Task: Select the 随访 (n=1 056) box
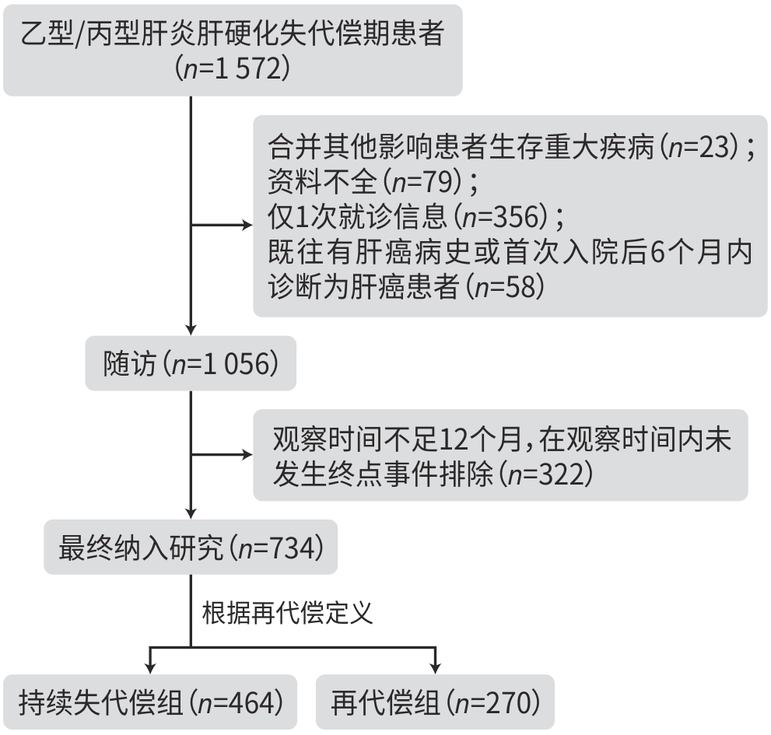coord(190,363)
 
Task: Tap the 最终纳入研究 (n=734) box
coord(190,547)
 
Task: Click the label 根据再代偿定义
coord(288,613)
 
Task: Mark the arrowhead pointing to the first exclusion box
coord(247,226)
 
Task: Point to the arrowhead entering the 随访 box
coord(191,330)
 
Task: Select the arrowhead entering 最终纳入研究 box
coord(191,513)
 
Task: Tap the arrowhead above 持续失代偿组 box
coord(149,667)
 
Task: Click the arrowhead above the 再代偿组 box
coord(435,667)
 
